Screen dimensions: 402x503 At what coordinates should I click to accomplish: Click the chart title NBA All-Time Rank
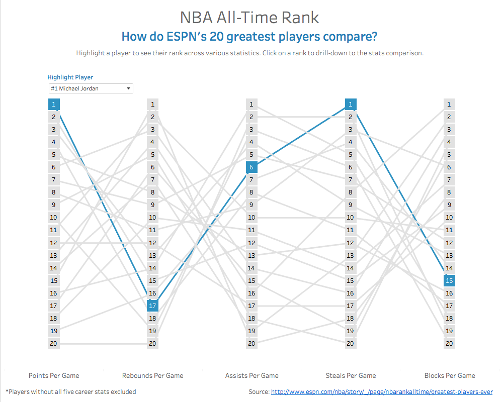pos(249,17)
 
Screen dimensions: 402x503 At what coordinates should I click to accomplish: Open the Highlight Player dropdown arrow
pos(129,88)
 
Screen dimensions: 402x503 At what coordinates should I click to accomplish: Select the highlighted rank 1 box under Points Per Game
pos(54,105)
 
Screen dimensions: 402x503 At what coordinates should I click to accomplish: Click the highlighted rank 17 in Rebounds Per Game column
pos(153,306)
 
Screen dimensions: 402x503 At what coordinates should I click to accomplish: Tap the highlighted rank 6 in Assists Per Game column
pos(251,167)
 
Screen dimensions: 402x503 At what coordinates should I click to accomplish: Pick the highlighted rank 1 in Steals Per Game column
pos(351,105)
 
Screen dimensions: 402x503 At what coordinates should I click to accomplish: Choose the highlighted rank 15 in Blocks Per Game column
pos(449,280)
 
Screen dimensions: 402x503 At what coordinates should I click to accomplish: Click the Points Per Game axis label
pos(54,375)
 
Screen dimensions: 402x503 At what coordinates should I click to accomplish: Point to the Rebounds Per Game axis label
pos(153,375)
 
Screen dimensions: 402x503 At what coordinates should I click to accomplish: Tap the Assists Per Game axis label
pos(251,375)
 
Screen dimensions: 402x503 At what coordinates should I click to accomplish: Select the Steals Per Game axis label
pos(351,375)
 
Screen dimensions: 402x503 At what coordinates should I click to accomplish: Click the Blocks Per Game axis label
pos(450,375)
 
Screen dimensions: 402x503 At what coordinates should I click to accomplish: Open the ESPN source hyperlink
pos(382,392)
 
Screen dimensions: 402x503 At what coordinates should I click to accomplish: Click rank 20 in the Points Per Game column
pos(54,344)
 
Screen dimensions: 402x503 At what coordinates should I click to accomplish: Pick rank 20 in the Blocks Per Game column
pos(449,344)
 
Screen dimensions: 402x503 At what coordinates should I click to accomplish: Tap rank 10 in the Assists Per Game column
pos(251,218)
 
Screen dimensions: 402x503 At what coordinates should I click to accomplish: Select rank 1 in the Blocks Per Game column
pos(449,105)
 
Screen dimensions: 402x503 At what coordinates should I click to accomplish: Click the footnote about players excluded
pos(71,392)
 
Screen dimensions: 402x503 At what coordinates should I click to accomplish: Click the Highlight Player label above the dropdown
pos(70,77)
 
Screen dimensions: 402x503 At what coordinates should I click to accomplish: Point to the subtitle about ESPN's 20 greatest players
pos(249,37)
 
